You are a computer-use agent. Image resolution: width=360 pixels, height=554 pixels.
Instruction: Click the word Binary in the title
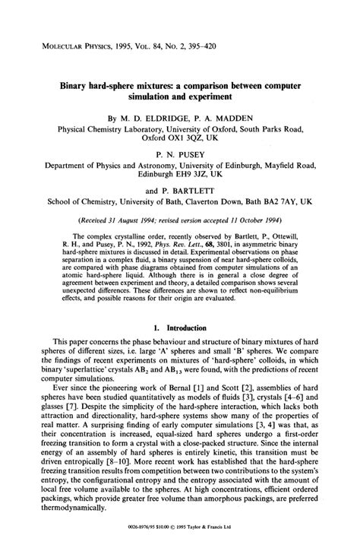point(76,87)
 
